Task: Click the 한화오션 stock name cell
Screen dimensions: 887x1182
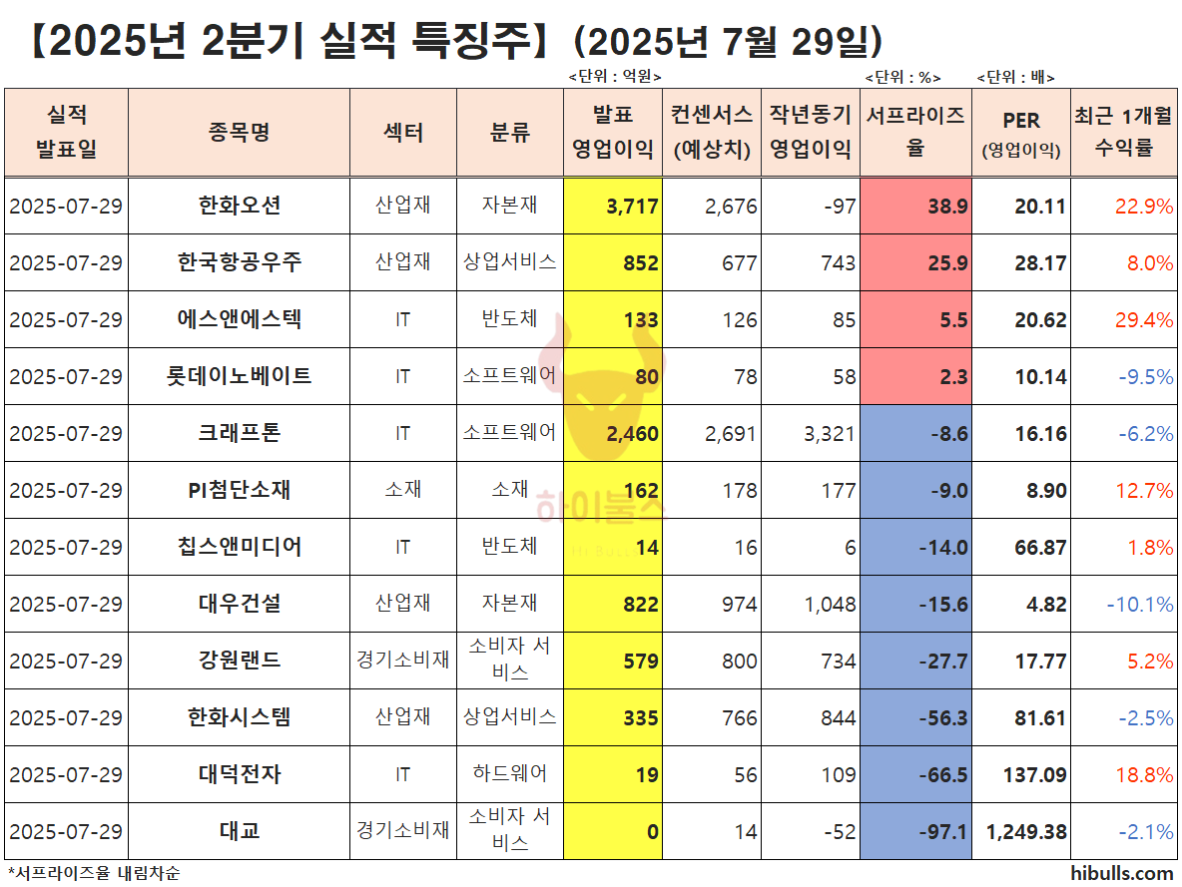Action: (240, 206)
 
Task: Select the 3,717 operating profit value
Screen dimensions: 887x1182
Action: (632, 207)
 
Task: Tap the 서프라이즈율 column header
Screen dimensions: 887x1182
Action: (915, 132)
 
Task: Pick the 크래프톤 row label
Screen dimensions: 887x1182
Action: (240, 433)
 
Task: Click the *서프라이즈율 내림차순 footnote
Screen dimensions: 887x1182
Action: (95, 873)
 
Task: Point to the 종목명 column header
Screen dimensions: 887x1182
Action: (240, 132)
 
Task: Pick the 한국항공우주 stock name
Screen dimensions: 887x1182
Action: (240, 262)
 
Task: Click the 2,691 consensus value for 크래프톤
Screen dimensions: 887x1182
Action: (730, 434)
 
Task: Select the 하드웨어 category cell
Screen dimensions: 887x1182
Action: (509, 774)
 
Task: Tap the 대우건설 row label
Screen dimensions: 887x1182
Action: (240, 604)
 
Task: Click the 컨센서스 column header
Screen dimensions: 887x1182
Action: (711, 132)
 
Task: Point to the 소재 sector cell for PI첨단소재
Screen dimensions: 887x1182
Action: (402, 490)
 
